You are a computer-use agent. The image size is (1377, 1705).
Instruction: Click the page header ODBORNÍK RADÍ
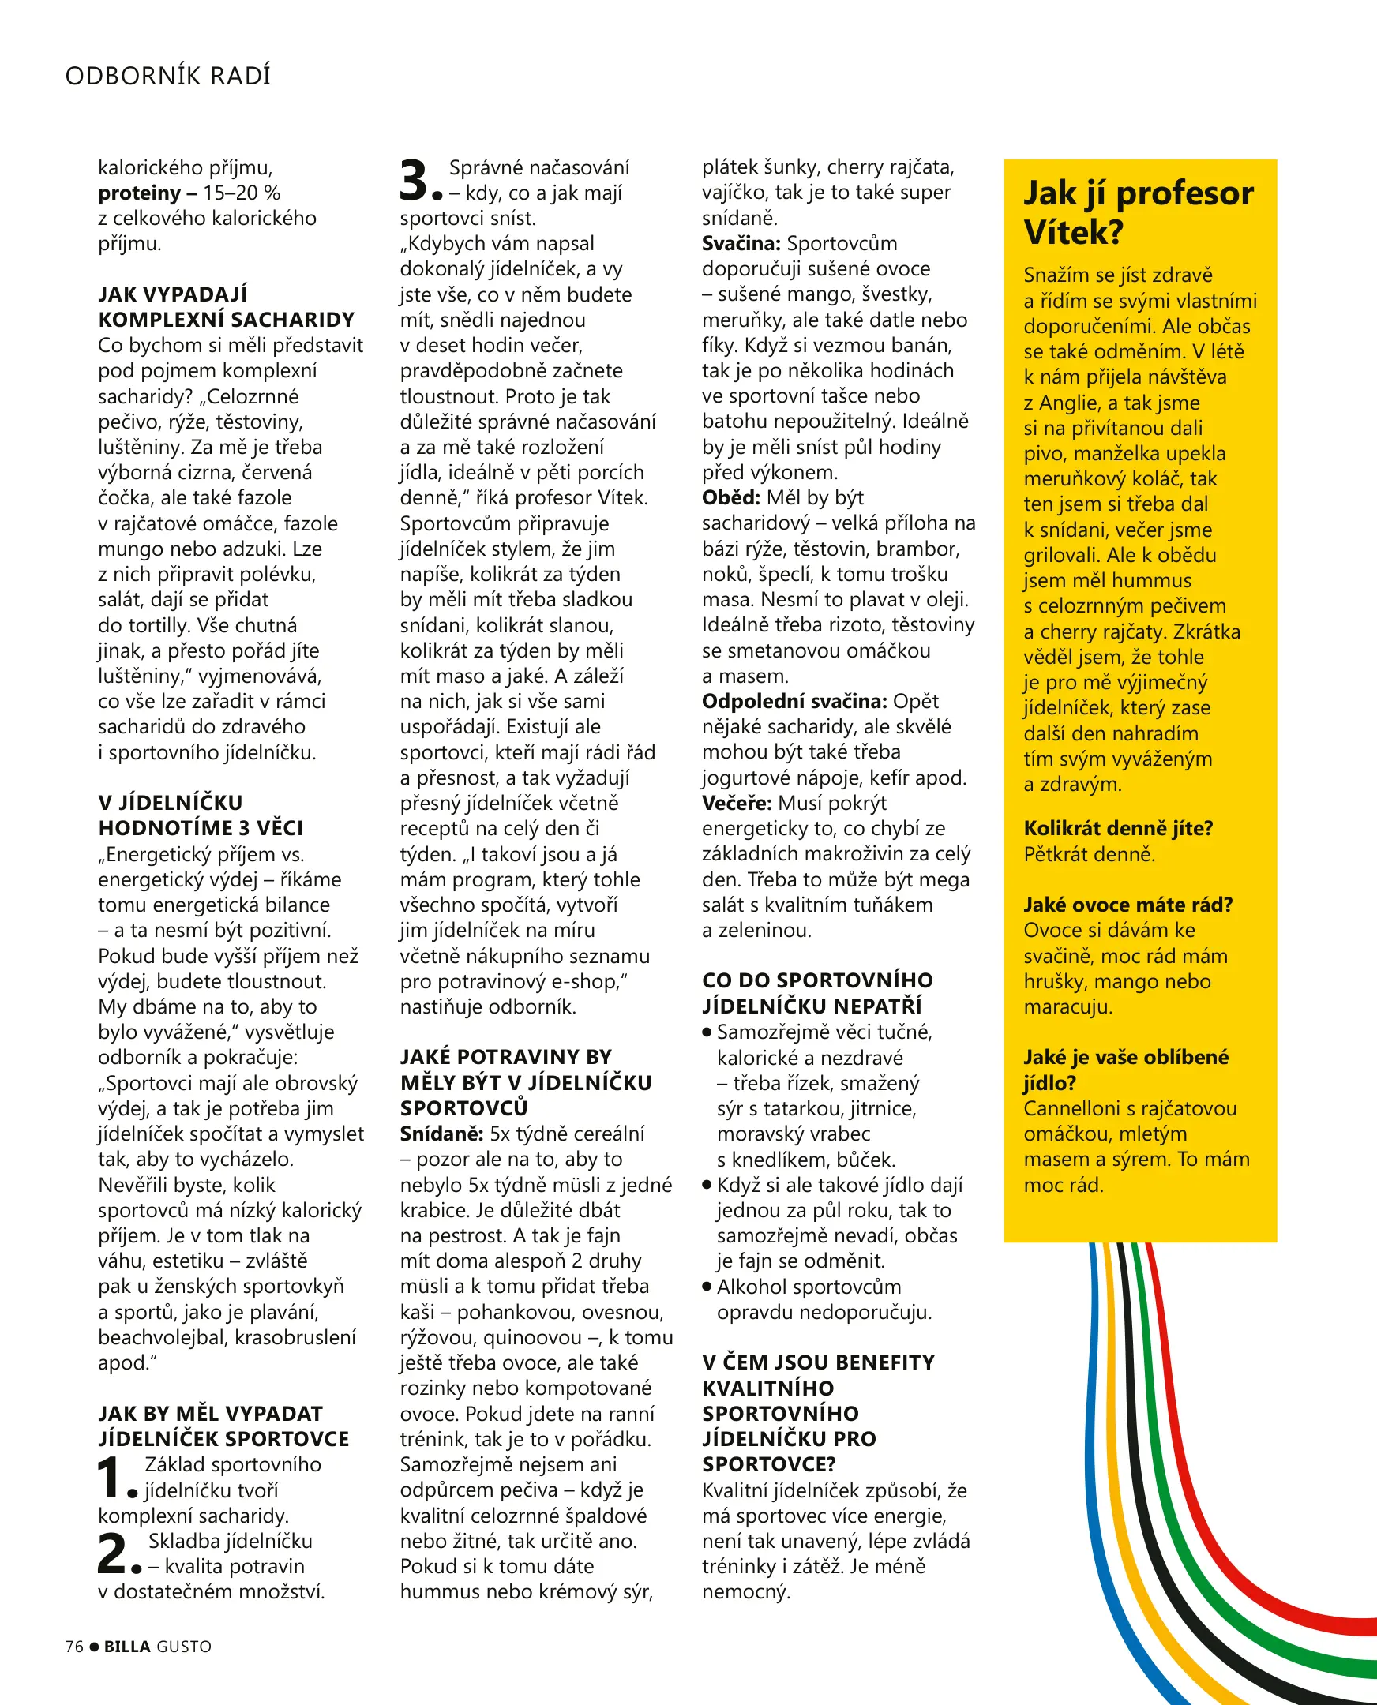pyautogui.click(x=167, y=75)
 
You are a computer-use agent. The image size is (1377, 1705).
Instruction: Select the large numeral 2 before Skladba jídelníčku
pyautogui.click(x=112, y=1553)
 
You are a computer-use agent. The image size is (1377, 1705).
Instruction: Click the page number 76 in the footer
pyautogui.click(x=73, y=1647)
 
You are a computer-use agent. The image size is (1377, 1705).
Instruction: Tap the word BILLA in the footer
pyautogui.click(x=127, y=1647)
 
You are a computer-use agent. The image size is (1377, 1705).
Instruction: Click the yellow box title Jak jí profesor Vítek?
pyautogui.click(x=1138, y=212)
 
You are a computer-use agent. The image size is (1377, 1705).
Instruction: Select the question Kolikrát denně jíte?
pyautogui.click(x=1117, y=828)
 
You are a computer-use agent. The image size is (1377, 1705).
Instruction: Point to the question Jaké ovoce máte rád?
pyautogui.click(x=1127, y=905)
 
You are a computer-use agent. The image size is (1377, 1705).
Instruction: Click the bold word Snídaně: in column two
pyautogui.click(x=441, y=1134)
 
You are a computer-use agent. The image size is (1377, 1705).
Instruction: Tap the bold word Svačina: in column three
pyautogui.click(x=741, y=243)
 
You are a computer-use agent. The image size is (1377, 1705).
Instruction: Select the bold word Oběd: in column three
pyautogui.click(x=730, y=497)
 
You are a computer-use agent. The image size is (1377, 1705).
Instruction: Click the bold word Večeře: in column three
pyautogui.click(x=736, y=803)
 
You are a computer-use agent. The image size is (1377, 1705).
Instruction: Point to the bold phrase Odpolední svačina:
pyautogui.click(x=794, y=701)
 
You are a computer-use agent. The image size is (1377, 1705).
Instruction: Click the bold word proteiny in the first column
pyautogui.click(x=139, y=193)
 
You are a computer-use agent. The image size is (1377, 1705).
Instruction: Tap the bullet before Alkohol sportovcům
pyautogui.click(x=707, y=1287)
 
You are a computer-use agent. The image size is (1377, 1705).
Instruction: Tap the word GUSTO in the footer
pyautogui.click(x=184, y=1647)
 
